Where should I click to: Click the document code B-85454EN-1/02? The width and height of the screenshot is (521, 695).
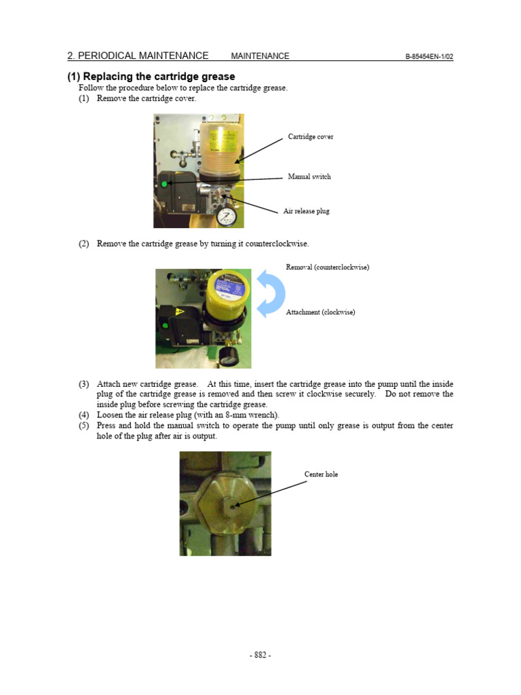click(x=429, y=56)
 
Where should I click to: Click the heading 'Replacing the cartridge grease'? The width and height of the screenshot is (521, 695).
click(x=158, y=77)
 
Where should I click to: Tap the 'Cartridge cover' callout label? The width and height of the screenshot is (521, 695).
click(x=311, y=137)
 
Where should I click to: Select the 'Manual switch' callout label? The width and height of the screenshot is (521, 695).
click(x=309, y=176)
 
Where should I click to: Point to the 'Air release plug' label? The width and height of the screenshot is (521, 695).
click(x=306, y=211)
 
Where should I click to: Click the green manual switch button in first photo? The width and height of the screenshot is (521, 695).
click(x=164, y=183)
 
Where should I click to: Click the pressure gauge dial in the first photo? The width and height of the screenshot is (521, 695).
click(x=225, y=218)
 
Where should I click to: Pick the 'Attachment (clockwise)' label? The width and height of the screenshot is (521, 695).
click(x=320, y=312)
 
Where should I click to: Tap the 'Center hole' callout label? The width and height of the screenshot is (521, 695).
click(x=322, y=474)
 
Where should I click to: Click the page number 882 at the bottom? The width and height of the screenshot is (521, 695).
click(x=260, y=655)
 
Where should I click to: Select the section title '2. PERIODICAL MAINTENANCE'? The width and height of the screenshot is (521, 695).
click(x=138, y=56)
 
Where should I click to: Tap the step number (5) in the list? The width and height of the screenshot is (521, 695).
click(x=83, y=426)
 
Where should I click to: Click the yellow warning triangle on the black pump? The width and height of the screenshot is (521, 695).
click(x=180, y=312)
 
